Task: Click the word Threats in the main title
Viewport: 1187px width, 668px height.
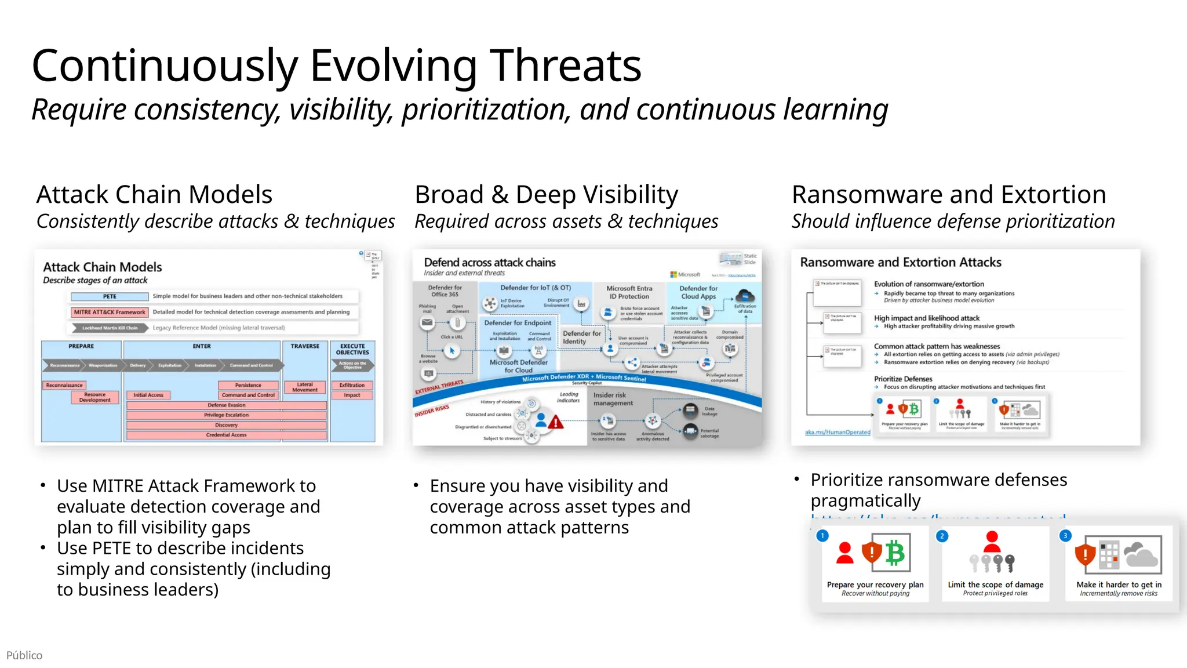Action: point(565,66)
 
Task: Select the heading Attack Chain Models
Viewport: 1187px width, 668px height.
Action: point(154,194)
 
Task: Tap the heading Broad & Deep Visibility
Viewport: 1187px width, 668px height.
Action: point(546,194)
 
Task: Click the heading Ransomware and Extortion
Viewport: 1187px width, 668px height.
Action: point(949,194)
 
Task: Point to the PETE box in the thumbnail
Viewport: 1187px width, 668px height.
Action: point(110,296)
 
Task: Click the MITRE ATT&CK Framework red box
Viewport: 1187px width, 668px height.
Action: point(110,312)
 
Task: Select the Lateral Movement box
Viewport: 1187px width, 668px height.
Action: point(305,387)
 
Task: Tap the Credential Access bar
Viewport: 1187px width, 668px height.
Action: point(226,435)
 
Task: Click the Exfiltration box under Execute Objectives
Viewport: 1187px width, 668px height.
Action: point(352,385)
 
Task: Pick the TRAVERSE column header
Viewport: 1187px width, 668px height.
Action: point(305,346)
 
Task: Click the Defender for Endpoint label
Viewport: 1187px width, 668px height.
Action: point(518,323)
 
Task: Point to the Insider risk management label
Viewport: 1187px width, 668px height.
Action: point(613,399)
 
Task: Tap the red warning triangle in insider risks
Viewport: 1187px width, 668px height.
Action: point(556,422)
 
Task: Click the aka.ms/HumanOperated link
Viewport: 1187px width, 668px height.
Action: point(838,432)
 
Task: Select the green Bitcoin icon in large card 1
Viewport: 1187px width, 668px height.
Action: point(895,553)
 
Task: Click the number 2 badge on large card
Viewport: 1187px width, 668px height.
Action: point(942,536)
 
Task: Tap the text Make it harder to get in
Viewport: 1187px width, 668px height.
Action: point(1119,584)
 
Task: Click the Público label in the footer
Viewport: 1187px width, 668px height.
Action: point(24,655)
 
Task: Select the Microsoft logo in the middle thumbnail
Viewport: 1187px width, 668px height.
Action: point(674,274)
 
